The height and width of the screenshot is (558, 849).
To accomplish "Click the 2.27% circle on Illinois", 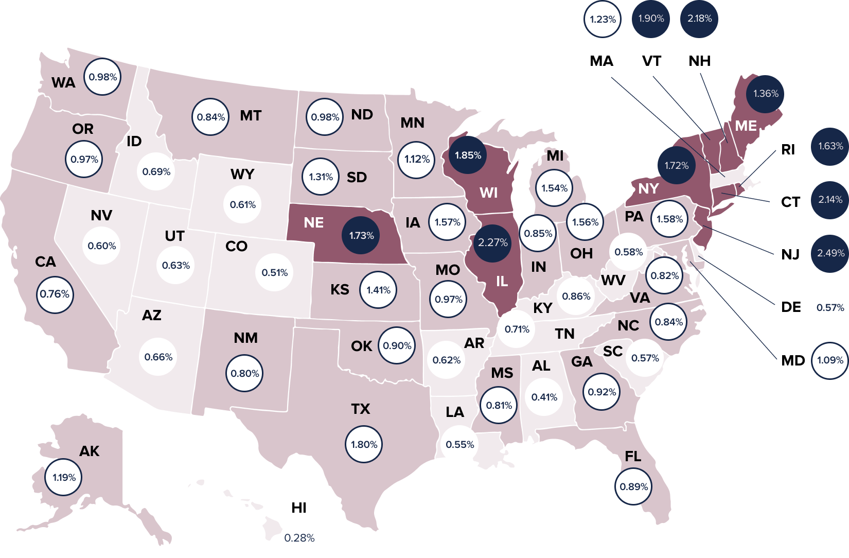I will (492, 242).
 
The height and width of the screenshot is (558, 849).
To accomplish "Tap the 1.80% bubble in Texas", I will (364, 444).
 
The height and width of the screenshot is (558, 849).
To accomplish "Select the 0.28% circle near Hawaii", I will (299, 538).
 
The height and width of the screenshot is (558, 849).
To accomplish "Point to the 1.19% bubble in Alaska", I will (64, 477).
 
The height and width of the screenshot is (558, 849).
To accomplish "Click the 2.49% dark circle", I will (830, 253).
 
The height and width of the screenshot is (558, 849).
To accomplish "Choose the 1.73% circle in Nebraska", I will (361, 235).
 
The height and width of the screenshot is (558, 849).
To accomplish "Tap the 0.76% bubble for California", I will (55, 294).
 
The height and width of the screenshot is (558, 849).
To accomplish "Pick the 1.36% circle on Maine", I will (766, 94).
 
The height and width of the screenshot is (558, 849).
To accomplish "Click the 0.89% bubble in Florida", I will (633, 486).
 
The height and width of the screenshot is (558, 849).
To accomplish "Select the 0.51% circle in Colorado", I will (274, 272).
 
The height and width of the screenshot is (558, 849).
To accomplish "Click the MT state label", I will (251, 116).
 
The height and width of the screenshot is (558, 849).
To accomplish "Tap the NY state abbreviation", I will (648, 188).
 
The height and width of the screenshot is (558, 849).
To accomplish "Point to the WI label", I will (488, 193).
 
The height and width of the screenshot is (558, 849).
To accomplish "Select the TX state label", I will (361, 409).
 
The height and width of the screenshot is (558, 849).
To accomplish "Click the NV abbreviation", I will (101, 215).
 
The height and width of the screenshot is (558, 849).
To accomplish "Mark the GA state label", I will (581, 362).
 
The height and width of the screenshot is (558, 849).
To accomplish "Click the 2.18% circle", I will (699, 19).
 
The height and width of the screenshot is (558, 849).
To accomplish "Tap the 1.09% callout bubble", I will (830, 360).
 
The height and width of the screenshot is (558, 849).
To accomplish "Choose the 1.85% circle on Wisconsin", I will (468, 155).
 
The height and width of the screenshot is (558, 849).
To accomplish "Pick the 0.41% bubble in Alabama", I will (544, 397).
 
